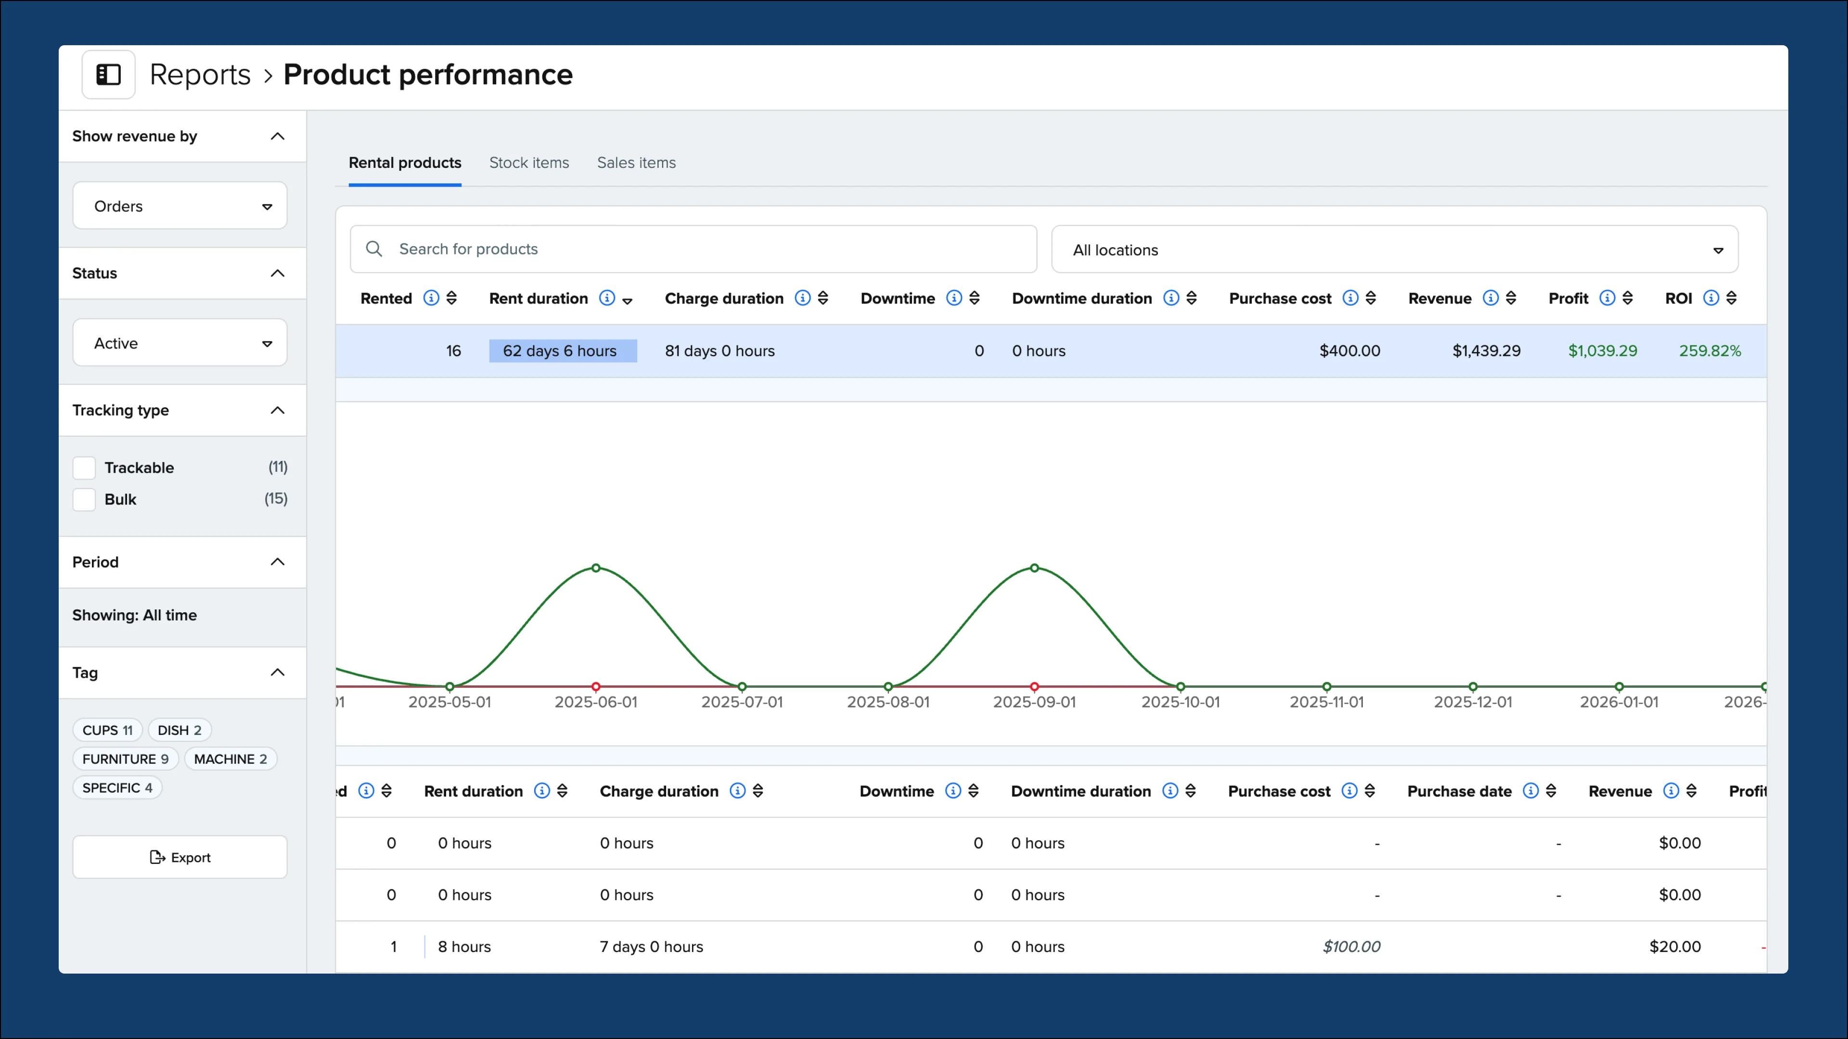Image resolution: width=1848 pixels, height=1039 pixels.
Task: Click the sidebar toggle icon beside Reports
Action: (108, 75)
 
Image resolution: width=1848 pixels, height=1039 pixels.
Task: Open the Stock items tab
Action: (529, 163)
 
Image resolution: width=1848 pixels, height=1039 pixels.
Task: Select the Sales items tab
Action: (636, 163)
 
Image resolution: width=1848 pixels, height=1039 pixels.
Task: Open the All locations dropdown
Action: (1394, 250)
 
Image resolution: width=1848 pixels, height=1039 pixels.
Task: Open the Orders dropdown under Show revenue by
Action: (180, 206)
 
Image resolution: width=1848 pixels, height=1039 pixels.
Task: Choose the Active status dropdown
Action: (180, 343)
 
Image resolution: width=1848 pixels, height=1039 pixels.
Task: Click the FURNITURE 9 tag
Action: (125, 759)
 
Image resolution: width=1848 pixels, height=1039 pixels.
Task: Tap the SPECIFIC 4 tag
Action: (117, 787)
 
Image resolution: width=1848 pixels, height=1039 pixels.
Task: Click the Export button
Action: (180, 857)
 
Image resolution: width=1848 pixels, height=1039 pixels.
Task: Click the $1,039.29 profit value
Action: (1602, 351)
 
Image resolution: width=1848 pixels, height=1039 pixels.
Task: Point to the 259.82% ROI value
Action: (1709, 351)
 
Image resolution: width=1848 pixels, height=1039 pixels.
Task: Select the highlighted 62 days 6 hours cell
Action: (563, 351)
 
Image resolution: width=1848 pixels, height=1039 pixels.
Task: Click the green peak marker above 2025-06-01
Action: (595, 568)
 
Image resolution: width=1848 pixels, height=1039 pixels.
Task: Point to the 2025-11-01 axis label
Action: (1326, 702)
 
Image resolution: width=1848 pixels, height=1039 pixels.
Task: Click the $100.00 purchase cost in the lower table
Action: (1351, 947)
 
